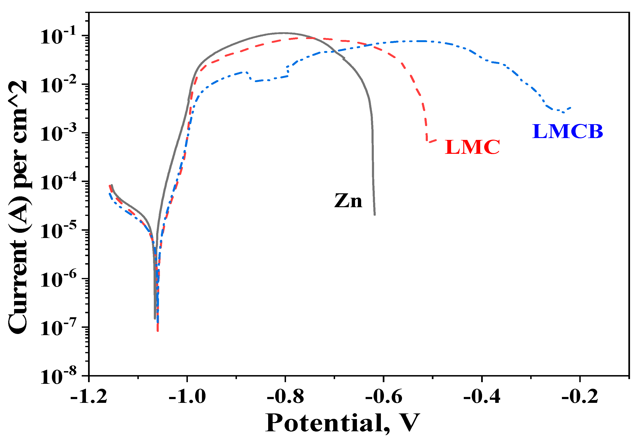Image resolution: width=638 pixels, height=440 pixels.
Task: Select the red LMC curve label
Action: (x=472, y=147)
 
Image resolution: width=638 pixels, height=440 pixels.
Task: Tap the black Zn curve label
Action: (x=348, y=201)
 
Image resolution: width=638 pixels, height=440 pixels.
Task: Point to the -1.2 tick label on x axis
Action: (x=89, y=397)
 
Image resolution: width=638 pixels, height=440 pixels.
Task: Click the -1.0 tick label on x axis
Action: (x=187, y=397)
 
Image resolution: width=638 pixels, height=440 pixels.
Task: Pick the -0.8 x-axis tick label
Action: (x=286, y=397)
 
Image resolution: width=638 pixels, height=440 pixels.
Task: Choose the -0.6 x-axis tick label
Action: (x=384, y=397)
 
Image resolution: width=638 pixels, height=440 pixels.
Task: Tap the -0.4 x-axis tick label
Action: (x=482, y=397)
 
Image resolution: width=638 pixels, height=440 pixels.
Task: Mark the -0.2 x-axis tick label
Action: (x=580, y=397)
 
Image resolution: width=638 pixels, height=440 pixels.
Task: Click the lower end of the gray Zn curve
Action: (x=375, y=214)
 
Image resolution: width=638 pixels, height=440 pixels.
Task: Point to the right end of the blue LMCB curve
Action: (x=571, y=107)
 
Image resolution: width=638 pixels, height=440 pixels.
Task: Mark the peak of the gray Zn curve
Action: (x=283, y=33)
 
